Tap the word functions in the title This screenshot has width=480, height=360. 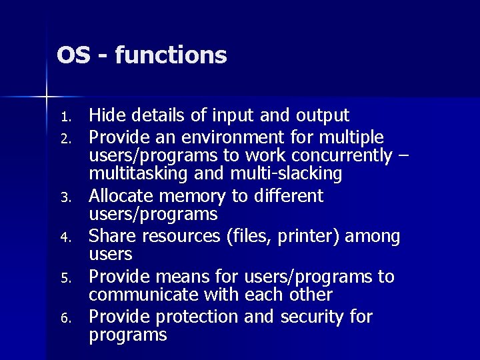(x=171, y=55)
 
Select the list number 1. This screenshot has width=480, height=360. (x=65, y=118)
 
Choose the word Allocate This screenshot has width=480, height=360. (x=122, y=196)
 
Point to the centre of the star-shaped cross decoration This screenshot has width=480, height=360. (x=47, y=97)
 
